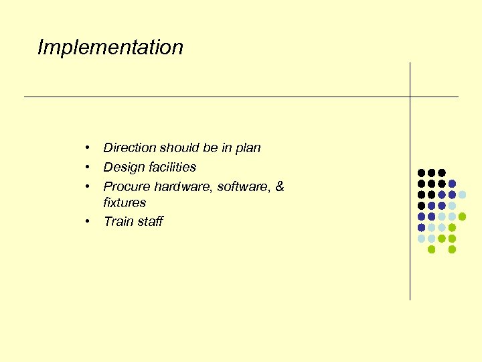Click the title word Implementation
click(110, 48)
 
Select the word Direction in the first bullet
click(129, 147)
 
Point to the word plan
click(247, 148)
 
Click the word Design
click(124, 167)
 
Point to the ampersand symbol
click(279, 186)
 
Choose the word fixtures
click(125, 202)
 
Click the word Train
click(118, 221)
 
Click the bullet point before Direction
click(87, 147)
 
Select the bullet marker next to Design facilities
click(87, 167)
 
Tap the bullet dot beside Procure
click(87, 186)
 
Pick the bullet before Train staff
click(87, 221)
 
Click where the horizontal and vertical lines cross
click(410, 97)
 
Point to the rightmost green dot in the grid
click(462, 217)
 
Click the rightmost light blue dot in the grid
click(462, 194)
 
